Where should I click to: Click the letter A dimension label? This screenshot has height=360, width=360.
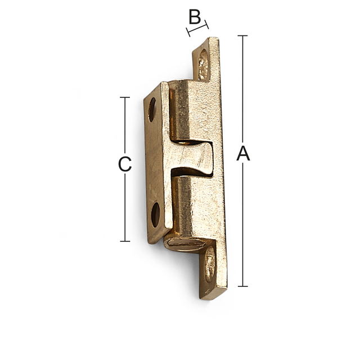(x=243, y=154)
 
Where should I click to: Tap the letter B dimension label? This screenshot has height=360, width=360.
(x=194, y=17)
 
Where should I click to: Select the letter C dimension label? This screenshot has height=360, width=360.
(x=125, y=164)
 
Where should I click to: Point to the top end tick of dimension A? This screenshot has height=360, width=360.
(x=242, y=36)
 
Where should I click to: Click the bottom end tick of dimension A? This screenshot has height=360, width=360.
(x=242, y=286)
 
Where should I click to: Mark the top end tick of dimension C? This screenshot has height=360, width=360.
(x=125, y=97)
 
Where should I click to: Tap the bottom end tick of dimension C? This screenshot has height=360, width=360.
(x=125, y=241)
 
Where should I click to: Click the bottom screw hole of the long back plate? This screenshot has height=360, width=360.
(x=209, y=264)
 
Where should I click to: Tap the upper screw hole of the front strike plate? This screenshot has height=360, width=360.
(x=151, y=109)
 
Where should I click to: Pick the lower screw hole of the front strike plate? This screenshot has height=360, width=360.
(x=155, y=214)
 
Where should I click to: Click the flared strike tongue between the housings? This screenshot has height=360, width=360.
(x=194, y=158)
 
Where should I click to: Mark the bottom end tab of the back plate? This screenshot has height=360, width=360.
(x=213, y=276)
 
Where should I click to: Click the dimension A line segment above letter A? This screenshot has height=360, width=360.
(x=242, y=90)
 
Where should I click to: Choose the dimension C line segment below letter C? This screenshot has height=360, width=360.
(x=125, y=208)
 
